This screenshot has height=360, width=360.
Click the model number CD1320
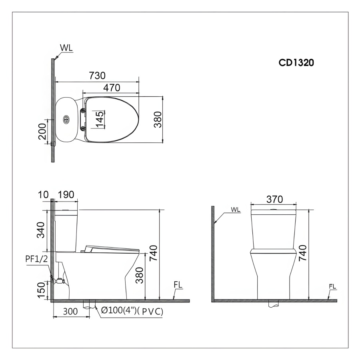(296, 62)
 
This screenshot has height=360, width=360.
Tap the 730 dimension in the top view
(97, 76)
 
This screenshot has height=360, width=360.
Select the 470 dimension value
(112, 88)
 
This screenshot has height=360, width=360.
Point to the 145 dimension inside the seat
(99, 119)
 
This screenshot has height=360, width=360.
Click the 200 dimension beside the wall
(42, 131)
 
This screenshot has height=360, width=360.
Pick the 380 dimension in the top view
(158, 119)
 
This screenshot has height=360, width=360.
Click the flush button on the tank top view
(66, 119)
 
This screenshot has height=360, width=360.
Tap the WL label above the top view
(66, 48)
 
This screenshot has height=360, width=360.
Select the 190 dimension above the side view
(66, 195)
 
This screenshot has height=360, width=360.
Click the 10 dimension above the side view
(43, 195)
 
